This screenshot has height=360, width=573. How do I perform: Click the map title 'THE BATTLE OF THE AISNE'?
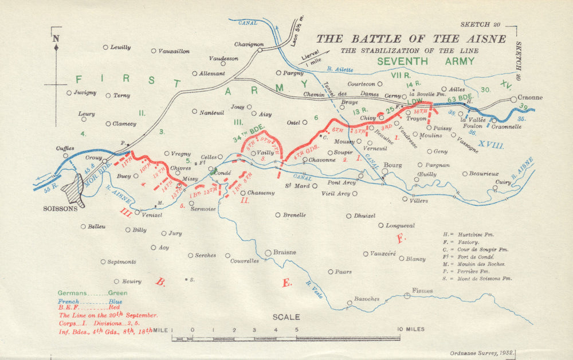click(x=411, y=39)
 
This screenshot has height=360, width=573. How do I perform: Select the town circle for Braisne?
click(x=268, y=253)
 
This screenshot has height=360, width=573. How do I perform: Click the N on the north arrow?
click(x=56, y=39)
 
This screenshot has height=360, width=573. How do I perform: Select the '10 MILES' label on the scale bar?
click(x=411, y=329)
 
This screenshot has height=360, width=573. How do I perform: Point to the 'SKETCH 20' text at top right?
click(x=480, y=25)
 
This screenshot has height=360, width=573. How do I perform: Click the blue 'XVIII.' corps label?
click(x=491, y=146)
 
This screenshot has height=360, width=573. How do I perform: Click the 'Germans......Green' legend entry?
click(x=92, y=292)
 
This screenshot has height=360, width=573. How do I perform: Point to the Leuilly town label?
click(x=120, y=48)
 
